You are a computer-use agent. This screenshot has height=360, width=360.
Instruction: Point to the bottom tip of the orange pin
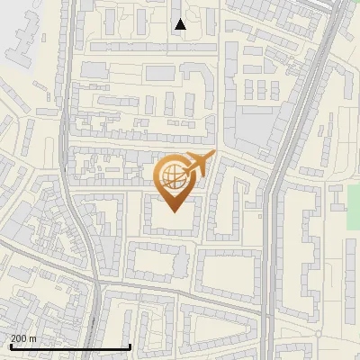(x=172, y=212)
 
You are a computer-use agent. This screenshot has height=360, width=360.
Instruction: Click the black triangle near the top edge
(x=180, y=24)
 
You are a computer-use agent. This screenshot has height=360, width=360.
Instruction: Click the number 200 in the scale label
(x=19, y=338)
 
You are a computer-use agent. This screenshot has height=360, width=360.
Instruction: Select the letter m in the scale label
(x=34, y=338)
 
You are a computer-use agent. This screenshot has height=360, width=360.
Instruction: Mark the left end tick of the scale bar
(x=10, y=346)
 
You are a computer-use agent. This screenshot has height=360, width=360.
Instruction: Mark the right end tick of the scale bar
(x=130, y=346)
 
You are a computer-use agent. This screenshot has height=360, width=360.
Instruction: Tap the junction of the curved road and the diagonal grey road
(x=95, y=282)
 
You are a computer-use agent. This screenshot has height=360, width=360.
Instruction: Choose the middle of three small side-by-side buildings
(x=262, y=90)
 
